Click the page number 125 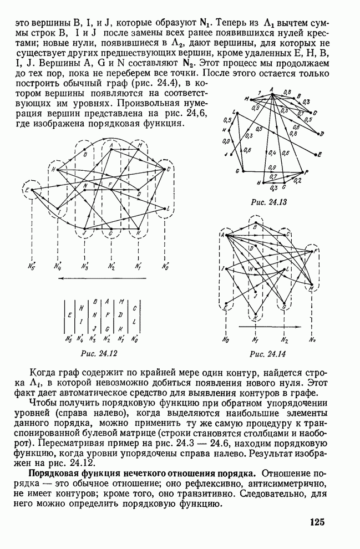click(317, 521)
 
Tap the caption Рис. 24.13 click(265, 202)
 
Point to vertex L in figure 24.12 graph click(168, 209)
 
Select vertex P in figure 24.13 click(307, 172)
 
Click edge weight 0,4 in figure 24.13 click(272, 152)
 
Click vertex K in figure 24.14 click(255, 318)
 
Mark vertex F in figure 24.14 click(316, 252)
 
